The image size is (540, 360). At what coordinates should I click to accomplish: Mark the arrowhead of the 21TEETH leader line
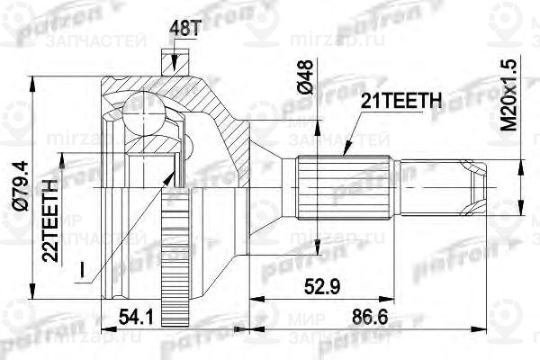point(343,155)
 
